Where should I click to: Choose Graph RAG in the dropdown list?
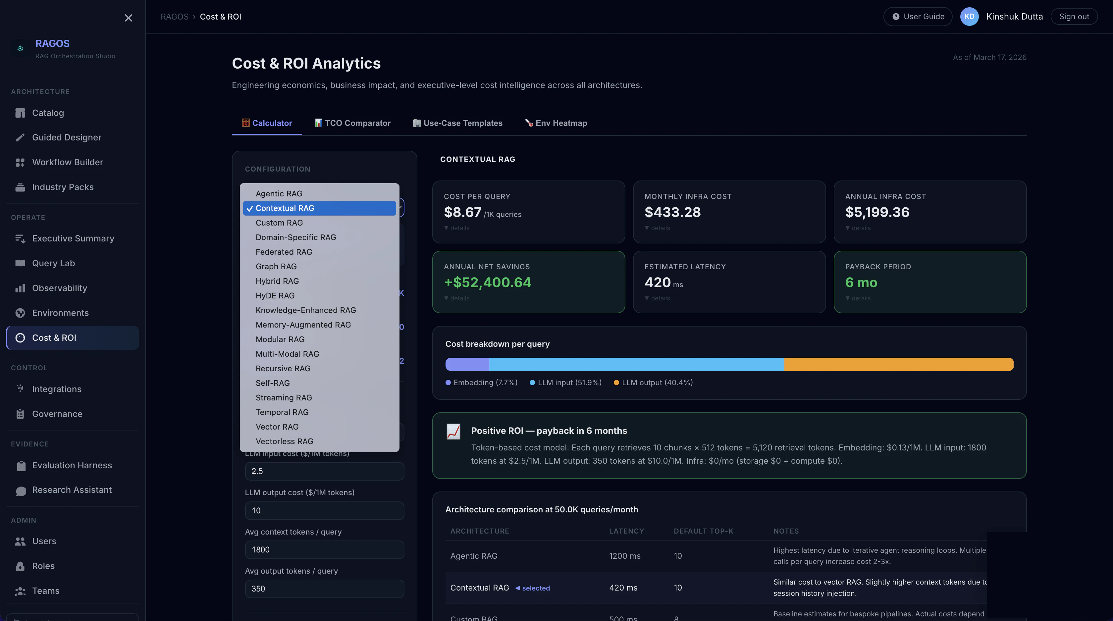[x=276, y=267]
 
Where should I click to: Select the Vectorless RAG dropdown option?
[x=284, y=441]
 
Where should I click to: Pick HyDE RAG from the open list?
[x=275, y=295]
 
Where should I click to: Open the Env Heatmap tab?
[x=556, y=123]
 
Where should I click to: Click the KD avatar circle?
[x=969, y=17]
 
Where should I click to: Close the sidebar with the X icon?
[x=128, y=18]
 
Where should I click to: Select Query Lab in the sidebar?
[x=54, y=263]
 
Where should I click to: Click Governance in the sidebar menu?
[x=57, y=414]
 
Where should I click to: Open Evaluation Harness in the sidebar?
[x=72, y=465]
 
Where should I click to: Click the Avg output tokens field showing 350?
[x=324, y=589]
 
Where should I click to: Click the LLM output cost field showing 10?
[x=324, y=510]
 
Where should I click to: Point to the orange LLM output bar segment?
[x=898, y=364]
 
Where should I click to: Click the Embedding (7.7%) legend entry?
[x=481, y=383]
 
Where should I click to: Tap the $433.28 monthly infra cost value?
[x=672, y=212]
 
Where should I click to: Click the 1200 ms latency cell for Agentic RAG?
[x=624, y=556]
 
